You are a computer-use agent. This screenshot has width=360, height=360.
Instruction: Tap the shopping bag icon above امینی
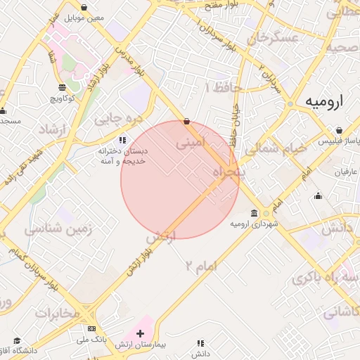click(186, 121)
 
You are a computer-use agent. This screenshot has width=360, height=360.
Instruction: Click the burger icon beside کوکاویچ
click(63, 86)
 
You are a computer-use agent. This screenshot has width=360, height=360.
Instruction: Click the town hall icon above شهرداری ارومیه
click(254, 213)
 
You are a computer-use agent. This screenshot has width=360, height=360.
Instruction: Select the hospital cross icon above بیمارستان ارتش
click(140, 332)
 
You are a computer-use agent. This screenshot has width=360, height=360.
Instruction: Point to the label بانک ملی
click(92, 339)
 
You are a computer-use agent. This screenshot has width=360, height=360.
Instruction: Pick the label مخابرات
click(58, 314)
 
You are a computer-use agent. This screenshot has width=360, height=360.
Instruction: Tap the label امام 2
click(203, 265)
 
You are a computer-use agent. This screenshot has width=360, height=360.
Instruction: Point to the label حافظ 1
click(223, 86)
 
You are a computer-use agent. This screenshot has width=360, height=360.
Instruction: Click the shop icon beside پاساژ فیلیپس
click(339, 130)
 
